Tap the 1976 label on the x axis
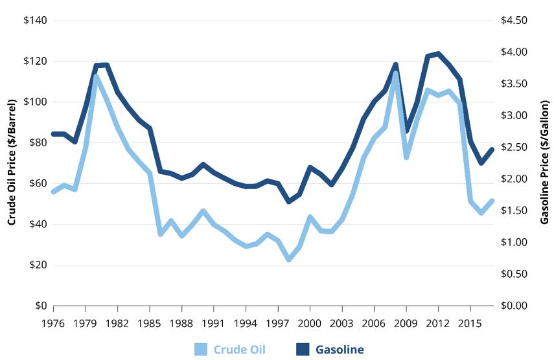pyautogui.click(x=54, y=322)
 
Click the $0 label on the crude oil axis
pyautogui.click(x=41, y=306)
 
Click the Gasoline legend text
pyautogui.click(x=340, y=350)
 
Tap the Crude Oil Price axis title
pyautogui.click(x=12, y=163)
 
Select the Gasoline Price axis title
pyautogui.click(x=544, y=163)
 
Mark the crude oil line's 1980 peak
pyautogui.click(x=97, y=76)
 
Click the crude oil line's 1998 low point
pyautogui.click(x=288, y=259)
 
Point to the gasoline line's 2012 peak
pyautogui.click(x=438, y=54)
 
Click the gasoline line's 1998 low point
pyautogui.click(x=288, y=201)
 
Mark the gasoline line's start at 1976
pyautogui.click(x=54, y=134)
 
